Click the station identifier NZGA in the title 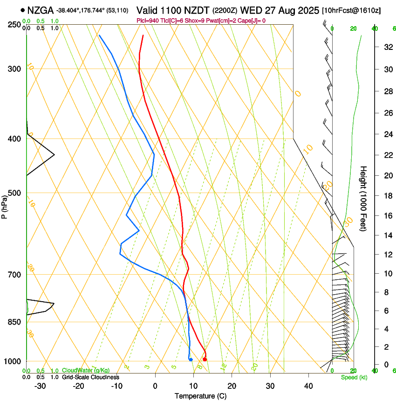click(x=41, y=10)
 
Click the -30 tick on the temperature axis click(x=40, y=386)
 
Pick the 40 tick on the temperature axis click(x=308, y=386)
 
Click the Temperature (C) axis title click(x=200, y=396)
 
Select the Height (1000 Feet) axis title click(x=364, y=198)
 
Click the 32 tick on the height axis click(x=387, y=47)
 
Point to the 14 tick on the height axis click(x=387, y=235)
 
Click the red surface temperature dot click(x=205, y=359)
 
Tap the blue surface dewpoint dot click(x=191, y=359)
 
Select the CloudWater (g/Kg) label click(x=86, y=371)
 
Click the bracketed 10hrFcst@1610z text click(x=351, y=10)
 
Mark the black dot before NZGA click(x=22, y=10)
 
